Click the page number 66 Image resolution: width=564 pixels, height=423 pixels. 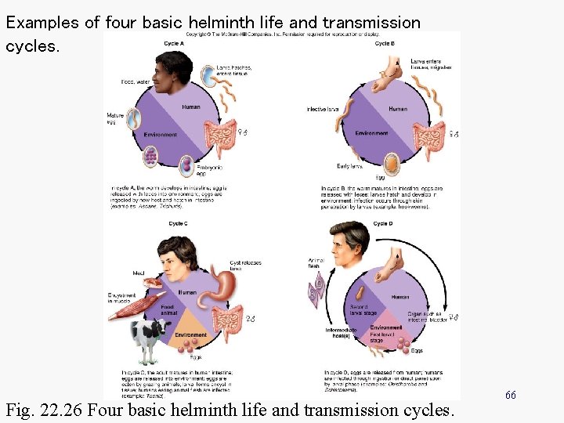[510, 396]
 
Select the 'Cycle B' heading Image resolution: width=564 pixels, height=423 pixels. [385, 44]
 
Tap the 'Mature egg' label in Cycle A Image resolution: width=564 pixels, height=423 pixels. [114, 119]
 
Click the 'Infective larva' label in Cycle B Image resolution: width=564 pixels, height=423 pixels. [322, 109]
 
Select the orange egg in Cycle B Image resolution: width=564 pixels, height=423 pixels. [391, 163]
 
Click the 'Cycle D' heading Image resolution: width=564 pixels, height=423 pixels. [383, 224]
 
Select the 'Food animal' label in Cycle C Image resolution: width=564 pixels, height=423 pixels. [168, 309]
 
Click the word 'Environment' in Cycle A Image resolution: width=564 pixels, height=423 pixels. [161, 135]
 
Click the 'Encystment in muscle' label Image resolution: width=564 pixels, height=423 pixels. [122, 298]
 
